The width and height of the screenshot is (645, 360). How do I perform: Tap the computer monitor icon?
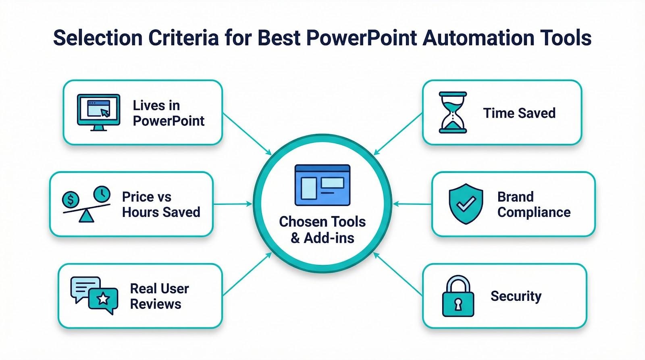(x=98, y=112)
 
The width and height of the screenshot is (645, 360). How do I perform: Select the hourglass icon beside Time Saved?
(x=453, y=112)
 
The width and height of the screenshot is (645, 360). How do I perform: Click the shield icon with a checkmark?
(x=466, y=204)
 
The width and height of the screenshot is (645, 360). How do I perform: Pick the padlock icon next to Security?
(x=458, y=296)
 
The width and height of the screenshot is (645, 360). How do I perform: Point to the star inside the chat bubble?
(x=104, y=299)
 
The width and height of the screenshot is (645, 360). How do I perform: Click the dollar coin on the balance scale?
(x=71, y=199)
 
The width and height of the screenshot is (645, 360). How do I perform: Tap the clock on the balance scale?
(x=102, y=194)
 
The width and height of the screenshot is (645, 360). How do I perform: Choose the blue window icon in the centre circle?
(x=322, y=185)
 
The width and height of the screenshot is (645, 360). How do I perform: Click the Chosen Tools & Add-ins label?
(x=322, y=230)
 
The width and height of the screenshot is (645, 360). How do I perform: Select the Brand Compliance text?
(x=534, y=204)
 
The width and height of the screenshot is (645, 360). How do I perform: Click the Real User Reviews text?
(x=159, y=296)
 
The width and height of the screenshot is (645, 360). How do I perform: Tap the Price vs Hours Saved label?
(x=161, y=204)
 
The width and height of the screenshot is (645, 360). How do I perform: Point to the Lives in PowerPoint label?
(x=168, y=113)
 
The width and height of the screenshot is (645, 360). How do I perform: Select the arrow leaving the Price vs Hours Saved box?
(x=232, y=204)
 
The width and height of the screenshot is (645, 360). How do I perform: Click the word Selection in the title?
(x=98, y=38)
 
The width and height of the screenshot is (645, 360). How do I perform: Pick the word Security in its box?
(x=516, y=296)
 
